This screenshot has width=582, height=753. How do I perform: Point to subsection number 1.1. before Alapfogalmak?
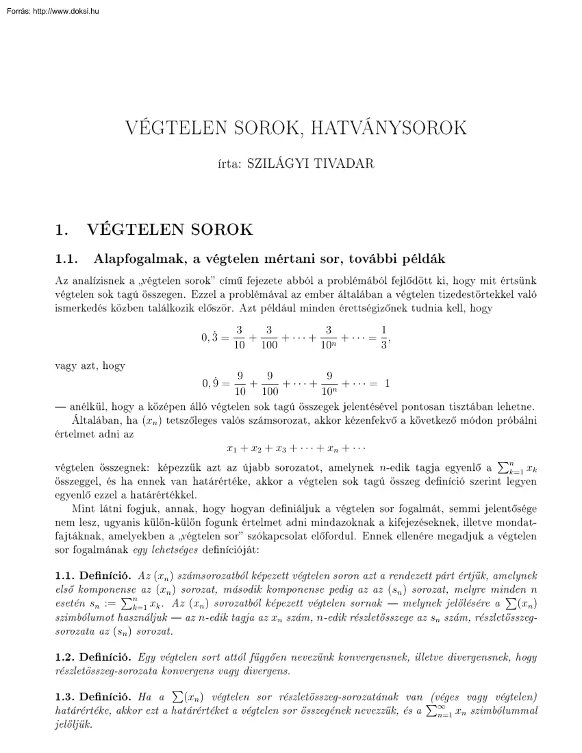point(68,259)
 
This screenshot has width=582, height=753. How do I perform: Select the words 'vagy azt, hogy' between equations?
point(89,366)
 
